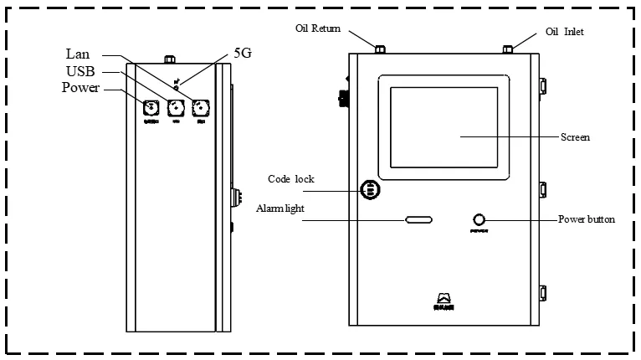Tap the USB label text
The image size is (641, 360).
pos(82,71)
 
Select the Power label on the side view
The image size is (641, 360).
pos(81,88)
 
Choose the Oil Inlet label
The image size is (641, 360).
pos(565,31)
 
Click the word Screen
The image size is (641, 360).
pos(575,136)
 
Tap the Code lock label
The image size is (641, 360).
pos(290,178)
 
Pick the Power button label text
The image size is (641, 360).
pos(586,219)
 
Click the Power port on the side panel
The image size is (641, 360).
pos(151,107)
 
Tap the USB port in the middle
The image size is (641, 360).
pos(176,107)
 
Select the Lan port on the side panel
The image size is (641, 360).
pos(200,107)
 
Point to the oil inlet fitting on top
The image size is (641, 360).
pos(507,49)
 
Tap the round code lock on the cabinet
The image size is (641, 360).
pos(368,189)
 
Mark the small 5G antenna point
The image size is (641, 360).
pos(177,86)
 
